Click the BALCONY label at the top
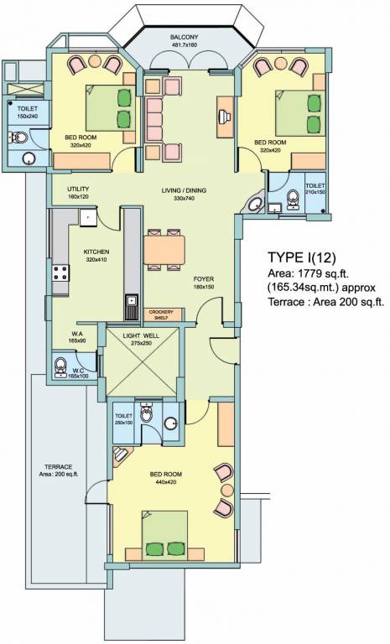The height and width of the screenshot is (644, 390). pyautogui.click(x=184, y=38)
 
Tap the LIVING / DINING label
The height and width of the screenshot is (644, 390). pyautogui.click(x=184, y=190)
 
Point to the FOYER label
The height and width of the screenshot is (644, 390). pyautogui.click(x=204, y=278)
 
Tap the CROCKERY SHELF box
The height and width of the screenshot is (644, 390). pyautogui.click(x=161, y=314)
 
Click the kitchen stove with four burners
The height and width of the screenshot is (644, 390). pyautogui.click(x=60, y=273)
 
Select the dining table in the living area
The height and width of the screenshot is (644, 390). pyautogui.click(x=164, y=250)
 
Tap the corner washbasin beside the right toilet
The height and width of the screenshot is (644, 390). pyautogui.click(x=255, y=205)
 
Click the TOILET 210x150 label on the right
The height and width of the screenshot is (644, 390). pyautogui.click(x=315, y=189)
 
